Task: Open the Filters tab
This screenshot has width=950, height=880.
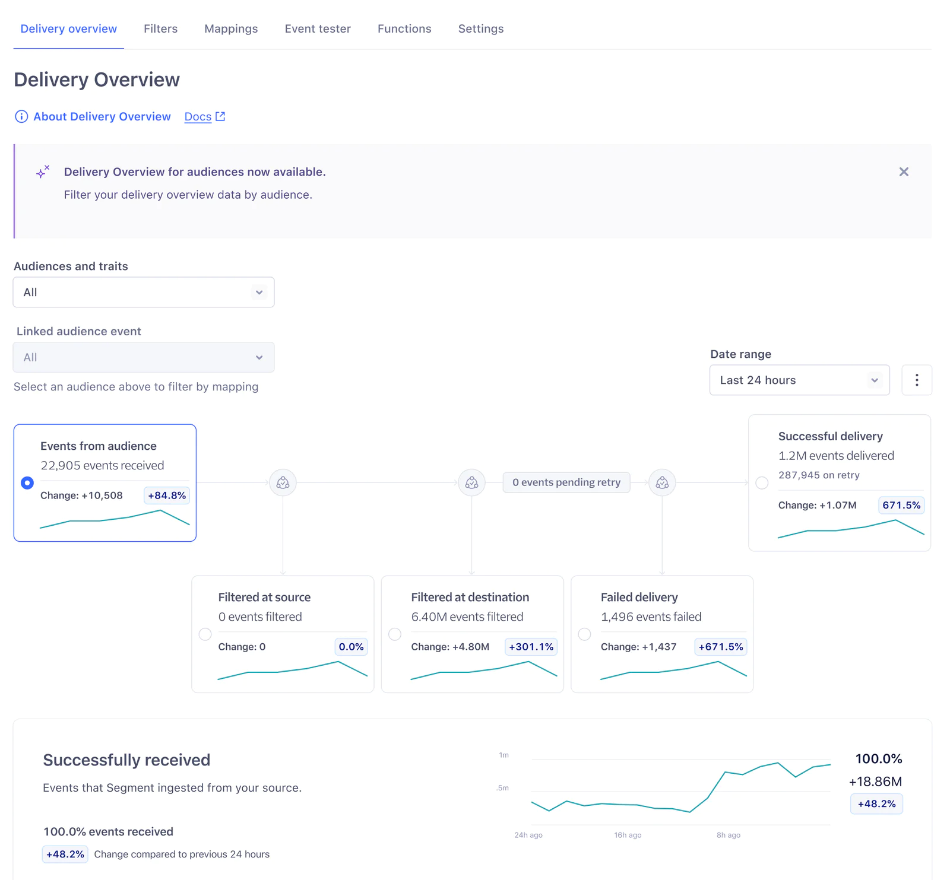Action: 160,28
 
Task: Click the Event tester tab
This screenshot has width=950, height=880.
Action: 318,28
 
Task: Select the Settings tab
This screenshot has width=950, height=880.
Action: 481,28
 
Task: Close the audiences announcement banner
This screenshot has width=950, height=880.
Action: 904,172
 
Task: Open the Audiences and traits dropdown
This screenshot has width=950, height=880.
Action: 144,293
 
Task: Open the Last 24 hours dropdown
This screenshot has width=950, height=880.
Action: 799,380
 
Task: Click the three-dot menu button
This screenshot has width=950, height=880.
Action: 917,380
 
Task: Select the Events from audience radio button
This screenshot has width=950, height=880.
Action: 27,483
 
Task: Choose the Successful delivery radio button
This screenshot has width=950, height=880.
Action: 762,483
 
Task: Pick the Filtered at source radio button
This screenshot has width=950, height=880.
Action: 205,634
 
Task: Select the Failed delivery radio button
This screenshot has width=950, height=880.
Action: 585,634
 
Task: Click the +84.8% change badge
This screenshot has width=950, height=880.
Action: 167,495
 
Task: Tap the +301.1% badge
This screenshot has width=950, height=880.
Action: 531,647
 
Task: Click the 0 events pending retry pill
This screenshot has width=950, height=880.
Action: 566,482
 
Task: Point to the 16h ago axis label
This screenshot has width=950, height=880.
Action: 628,835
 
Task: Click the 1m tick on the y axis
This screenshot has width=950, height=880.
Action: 504,755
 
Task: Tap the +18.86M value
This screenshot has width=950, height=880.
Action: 875,781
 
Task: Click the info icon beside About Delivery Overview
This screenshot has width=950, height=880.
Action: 21,117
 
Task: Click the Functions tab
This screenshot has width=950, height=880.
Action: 404,28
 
